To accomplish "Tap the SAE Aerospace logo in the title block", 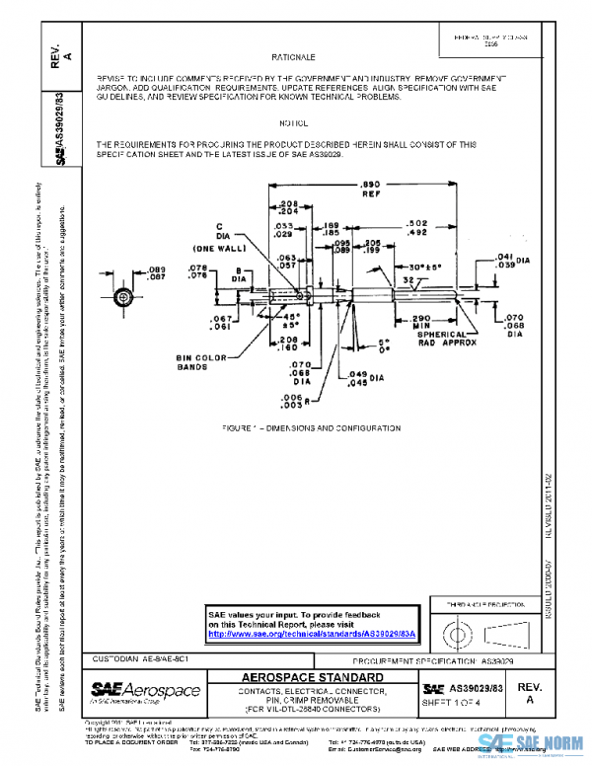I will coord(145,689).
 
